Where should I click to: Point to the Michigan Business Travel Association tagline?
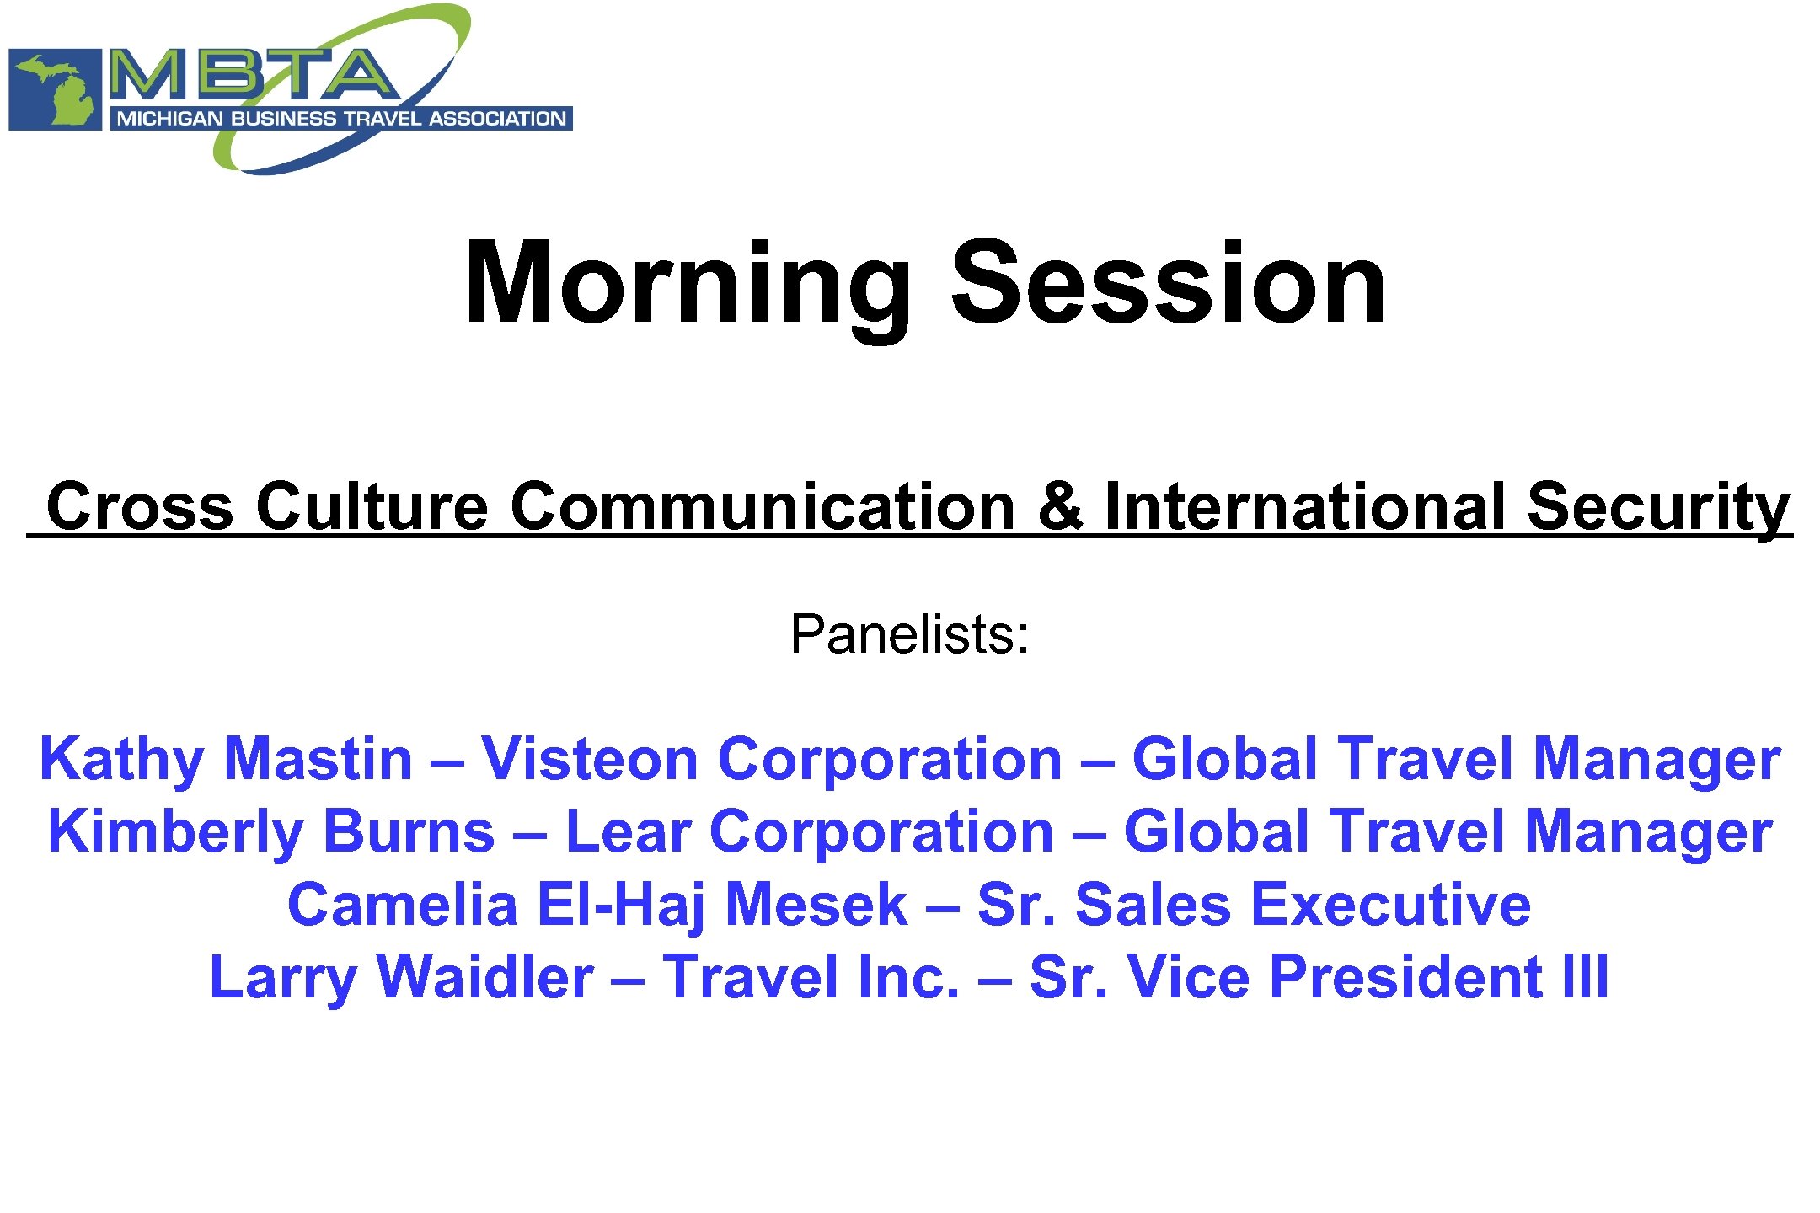(x=341, y=118)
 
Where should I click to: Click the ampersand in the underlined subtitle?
(x=1060, y=505)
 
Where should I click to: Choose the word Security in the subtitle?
(x=1657, y=505)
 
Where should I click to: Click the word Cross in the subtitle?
(x=140, y=505)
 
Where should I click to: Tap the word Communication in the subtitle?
(x=763, y=505)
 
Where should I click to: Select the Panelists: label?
(x=909, y=633)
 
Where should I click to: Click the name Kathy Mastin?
(x=226, y=759)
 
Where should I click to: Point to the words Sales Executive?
(x=1303, y=905)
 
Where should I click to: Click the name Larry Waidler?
(x=401, y=977)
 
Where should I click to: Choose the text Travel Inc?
(x=811, y=977)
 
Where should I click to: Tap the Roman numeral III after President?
(x=1585, y=977)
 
